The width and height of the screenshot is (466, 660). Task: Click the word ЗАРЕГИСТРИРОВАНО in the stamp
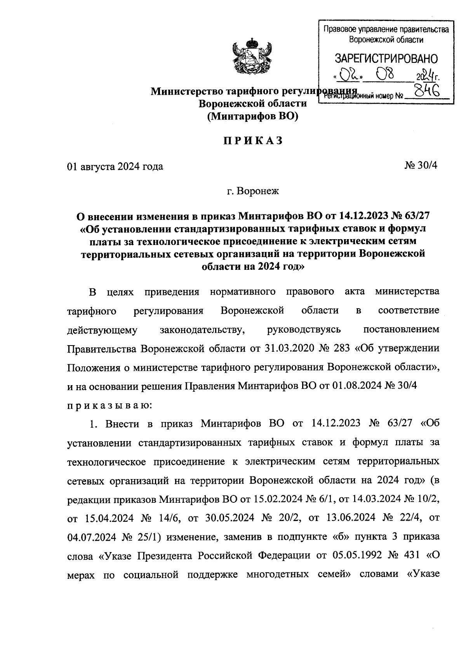(x=386, y=59)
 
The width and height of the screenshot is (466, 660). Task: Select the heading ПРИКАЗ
(x=252, y=141)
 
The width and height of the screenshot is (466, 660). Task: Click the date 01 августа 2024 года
(x=115, y=167)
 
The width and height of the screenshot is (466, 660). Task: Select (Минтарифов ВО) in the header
(x=252, y=116)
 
